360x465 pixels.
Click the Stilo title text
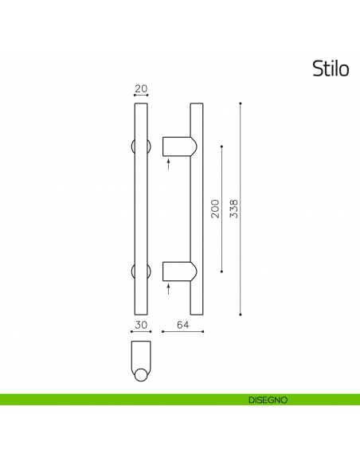pos(331,69)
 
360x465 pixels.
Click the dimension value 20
pos(141,88)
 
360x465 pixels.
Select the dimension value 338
pos(233,209)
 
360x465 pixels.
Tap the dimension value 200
pos(214,209)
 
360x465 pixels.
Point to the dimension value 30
pos(141,325)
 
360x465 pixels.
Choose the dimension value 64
pos(182,325)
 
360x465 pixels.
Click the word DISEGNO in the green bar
pos(267,399)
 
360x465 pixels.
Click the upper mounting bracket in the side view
pos(178,147)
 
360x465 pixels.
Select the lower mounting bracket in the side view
pos(178,272)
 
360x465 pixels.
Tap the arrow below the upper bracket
pos(168,165)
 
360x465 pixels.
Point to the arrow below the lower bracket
pos(168,290)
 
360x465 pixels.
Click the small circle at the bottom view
pos(141,375)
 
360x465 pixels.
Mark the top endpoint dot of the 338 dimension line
pos(241,104)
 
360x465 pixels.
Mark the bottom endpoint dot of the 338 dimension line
pos(241,314)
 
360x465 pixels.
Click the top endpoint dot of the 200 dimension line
pos(221,147)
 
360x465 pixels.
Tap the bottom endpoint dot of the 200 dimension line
pos(221,272)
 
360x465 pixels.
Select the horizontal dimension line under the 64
pos(183,331)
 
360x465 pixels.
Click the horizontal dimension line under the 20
pos(141,96)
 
